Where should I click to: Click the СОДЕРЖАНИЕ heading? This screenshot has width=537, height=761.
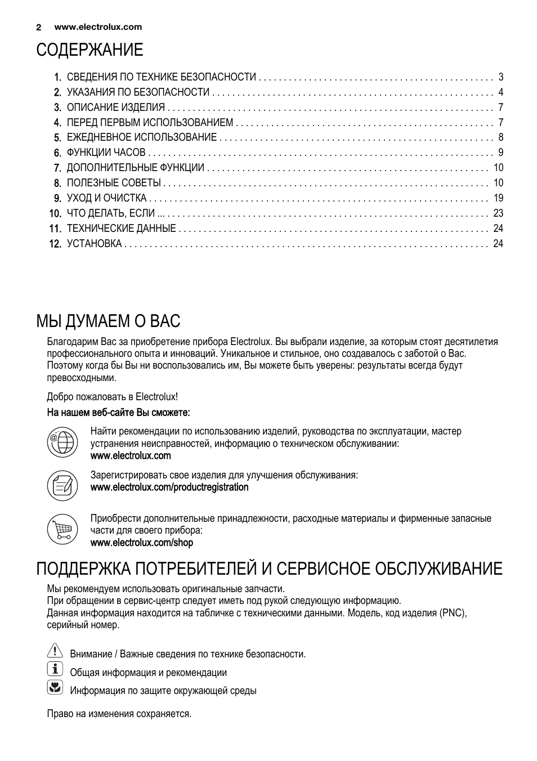click(89, 50)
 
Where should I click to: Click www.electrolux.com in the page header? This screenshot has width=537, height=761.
click(98, 27)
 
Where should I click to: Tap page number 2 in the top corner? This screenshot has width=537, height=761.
click(39, 27)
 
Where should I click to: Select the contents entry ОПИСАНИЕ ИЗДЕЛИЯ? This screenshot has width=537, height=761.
click(115, 108)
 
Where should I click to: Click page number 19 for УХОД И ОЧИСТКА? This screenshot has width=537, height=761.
click(498, 198)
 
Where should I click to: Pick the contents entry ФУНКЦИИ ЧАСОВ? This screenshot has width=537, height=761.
click(106, 153)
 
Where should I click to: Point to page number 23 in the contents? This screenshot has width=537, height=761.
click(498, 213)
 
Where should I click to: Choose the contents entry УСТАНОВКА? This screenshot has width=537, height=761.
click(94, 244)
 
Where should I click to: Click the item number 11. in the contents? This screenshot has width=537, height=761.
click(55, 229)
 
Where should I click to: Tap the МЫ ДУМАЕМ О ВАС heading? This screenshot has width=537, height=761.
click(108, 321)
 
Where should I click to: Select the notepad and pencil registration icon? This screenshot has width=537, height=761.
click(62, 485)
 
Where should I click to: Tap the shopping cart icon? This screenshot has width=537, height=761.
click(62, 529)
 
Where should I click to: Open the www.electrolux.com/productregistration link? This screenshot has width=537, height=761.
click(169, 487)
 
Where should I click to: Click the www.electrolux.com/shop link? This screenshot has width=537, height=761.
click(141, 543)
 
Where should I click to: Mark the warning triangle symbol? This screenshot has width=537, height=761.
click(55, 652)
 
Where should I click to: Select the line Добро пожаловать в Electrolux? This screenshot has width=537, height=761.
click(112, 397)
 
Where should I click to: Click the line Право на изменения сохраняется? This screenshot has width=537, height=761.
click(119, 714)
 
